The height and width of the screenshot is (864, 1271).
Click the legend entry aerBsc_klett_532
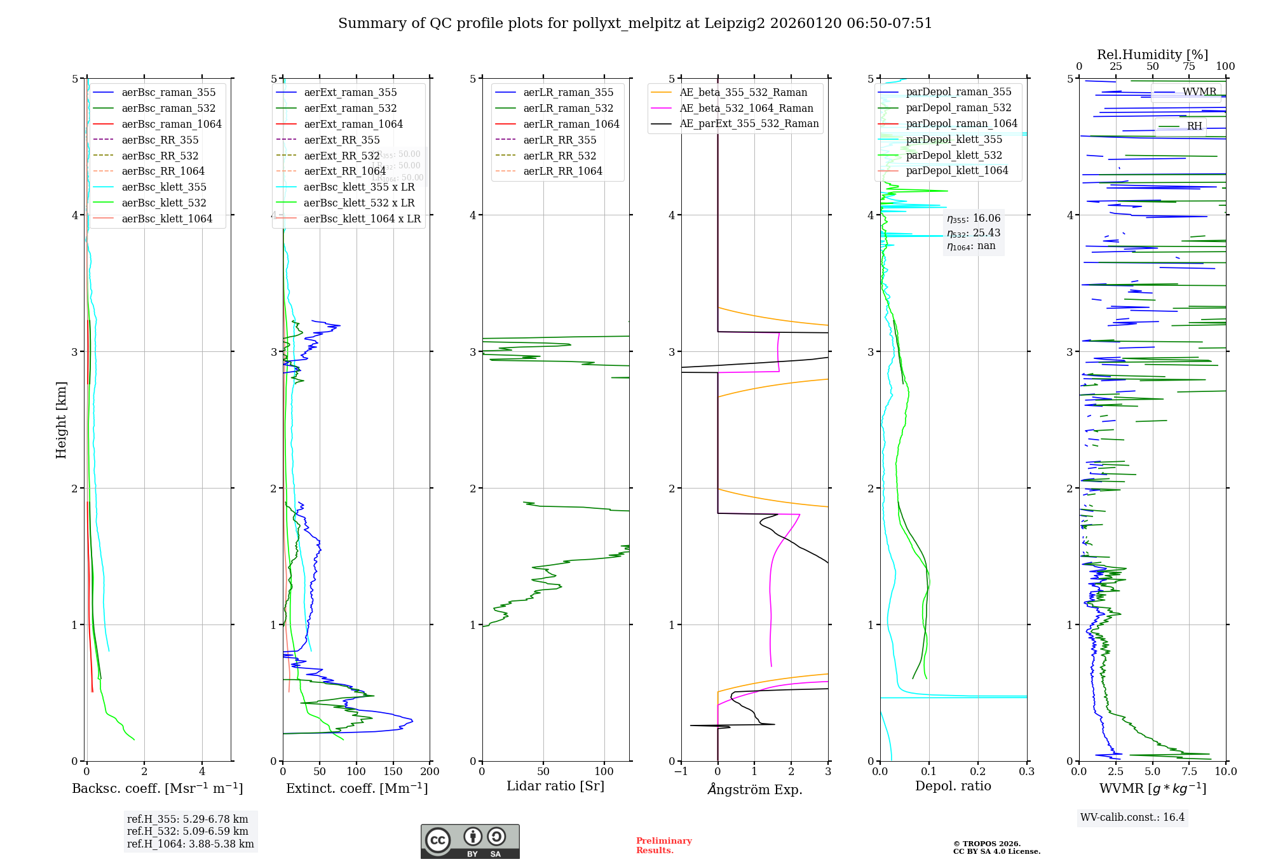pos(163,203)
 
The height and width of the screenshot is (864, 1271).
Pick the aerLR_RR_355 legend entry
pos(559,140)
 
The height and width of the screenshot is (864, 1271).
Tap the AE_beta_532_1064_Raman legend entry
pos(746,108)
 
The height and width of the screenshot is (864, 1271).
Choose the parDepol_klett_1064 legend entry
pos(956,170)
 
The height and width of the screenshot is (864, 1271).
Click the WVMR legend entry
pos(1199,92)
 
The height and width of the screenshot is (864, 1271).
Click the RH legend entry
pos(1194,126)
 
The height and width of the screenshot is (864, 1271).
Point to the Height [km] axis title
pos(61,420)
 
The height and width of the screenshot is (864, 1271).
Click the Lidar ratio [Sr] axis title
pos(555,786)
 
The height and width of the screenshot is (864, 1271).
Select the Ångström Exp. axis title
pos(754,789)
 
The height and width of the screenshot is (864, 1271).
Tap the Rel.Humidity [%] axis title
pos(1152,55)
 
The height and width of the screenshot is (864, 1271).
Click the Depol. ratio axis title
pos(953,786)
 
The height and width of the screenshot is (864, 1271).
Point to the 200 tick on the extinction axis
pos(430,771)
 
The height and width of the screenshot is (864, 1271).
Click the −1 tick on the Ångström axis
pos(681,771)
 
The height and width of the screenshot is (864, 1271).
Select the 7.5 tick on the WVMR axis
pos(1189,771)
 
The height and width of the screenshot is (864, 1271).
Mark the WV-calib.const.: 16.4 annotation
pos(1132,817)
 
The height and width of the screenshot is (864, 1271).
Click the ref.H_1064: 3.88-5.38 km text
pos(190,844)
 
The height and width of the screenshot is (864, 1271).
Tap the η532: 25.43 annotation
pos(973,233)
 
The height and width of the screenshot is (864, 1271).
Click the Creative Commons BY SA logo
pos(470,841)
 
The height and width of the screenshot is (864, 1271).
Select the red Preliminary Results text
pos(663,845)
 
